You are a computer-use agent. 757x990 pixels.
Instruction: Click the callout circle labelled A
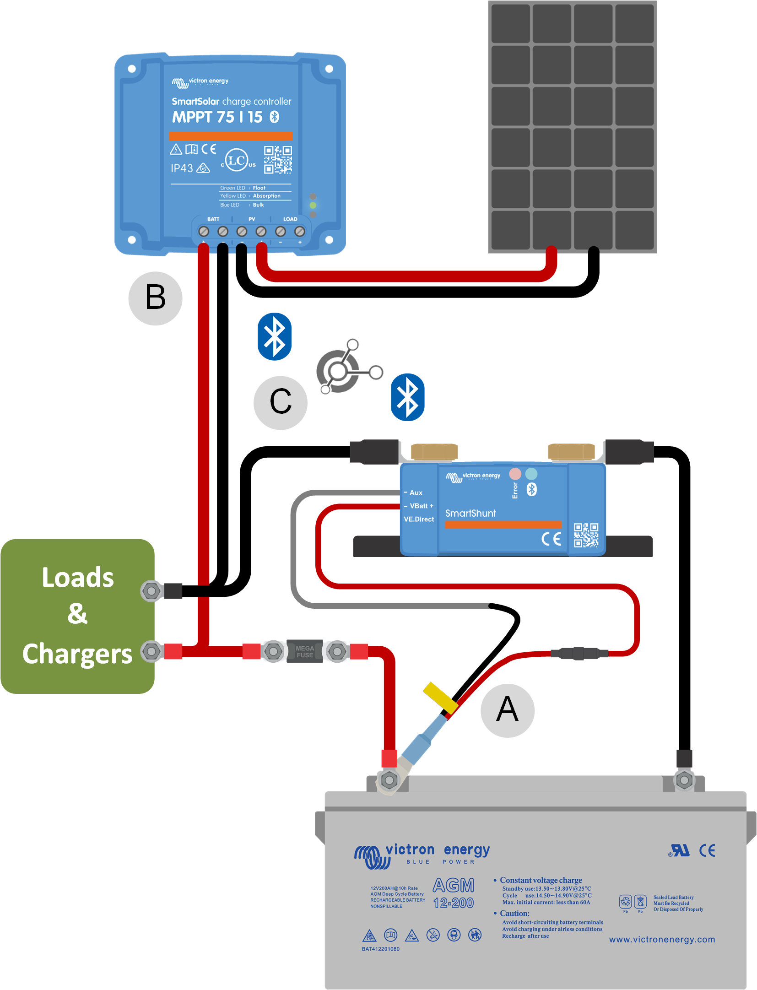[507, 710]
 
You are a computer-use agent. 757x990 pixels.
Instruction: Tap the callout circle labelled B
[156, 298]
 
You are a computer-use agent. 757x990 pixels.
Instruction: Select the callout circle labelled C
[281, 403]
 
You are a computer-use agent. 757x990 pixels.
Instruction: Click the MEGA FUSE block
[305, 651]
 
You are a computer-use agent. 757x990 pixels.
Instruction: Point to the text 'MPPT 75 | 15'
[217, 117]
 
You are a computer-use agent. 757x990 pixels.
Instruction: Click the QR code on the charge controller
[278, 160]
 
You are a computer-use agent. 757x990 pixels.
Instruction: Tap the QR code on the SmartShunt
[586, 535]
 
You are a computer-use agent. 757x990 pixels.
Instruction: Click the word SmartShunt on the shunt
[470, 514]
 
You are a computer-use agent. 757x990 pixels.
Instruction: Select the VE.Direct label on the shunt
[419, 519]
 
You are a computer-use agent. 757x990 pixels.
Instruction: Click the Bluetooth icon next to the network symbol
[407, 397]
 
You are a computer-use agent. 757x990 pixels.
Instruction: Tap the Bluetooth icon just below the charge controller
[275, 336]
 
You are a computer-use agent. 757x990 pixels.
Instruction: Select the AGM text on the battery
[454, 886]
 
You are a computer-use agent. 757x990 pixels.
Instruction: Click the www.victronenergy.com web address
[662, 940]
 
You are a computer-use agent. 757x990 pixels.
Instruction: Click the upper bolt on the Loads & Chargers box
[151, 591]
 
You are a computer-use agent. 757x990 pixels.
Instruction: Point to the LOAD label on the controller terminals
[290, 219]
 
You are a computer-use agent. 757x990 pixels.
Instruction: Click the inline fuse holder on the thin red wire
[579, 653]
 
